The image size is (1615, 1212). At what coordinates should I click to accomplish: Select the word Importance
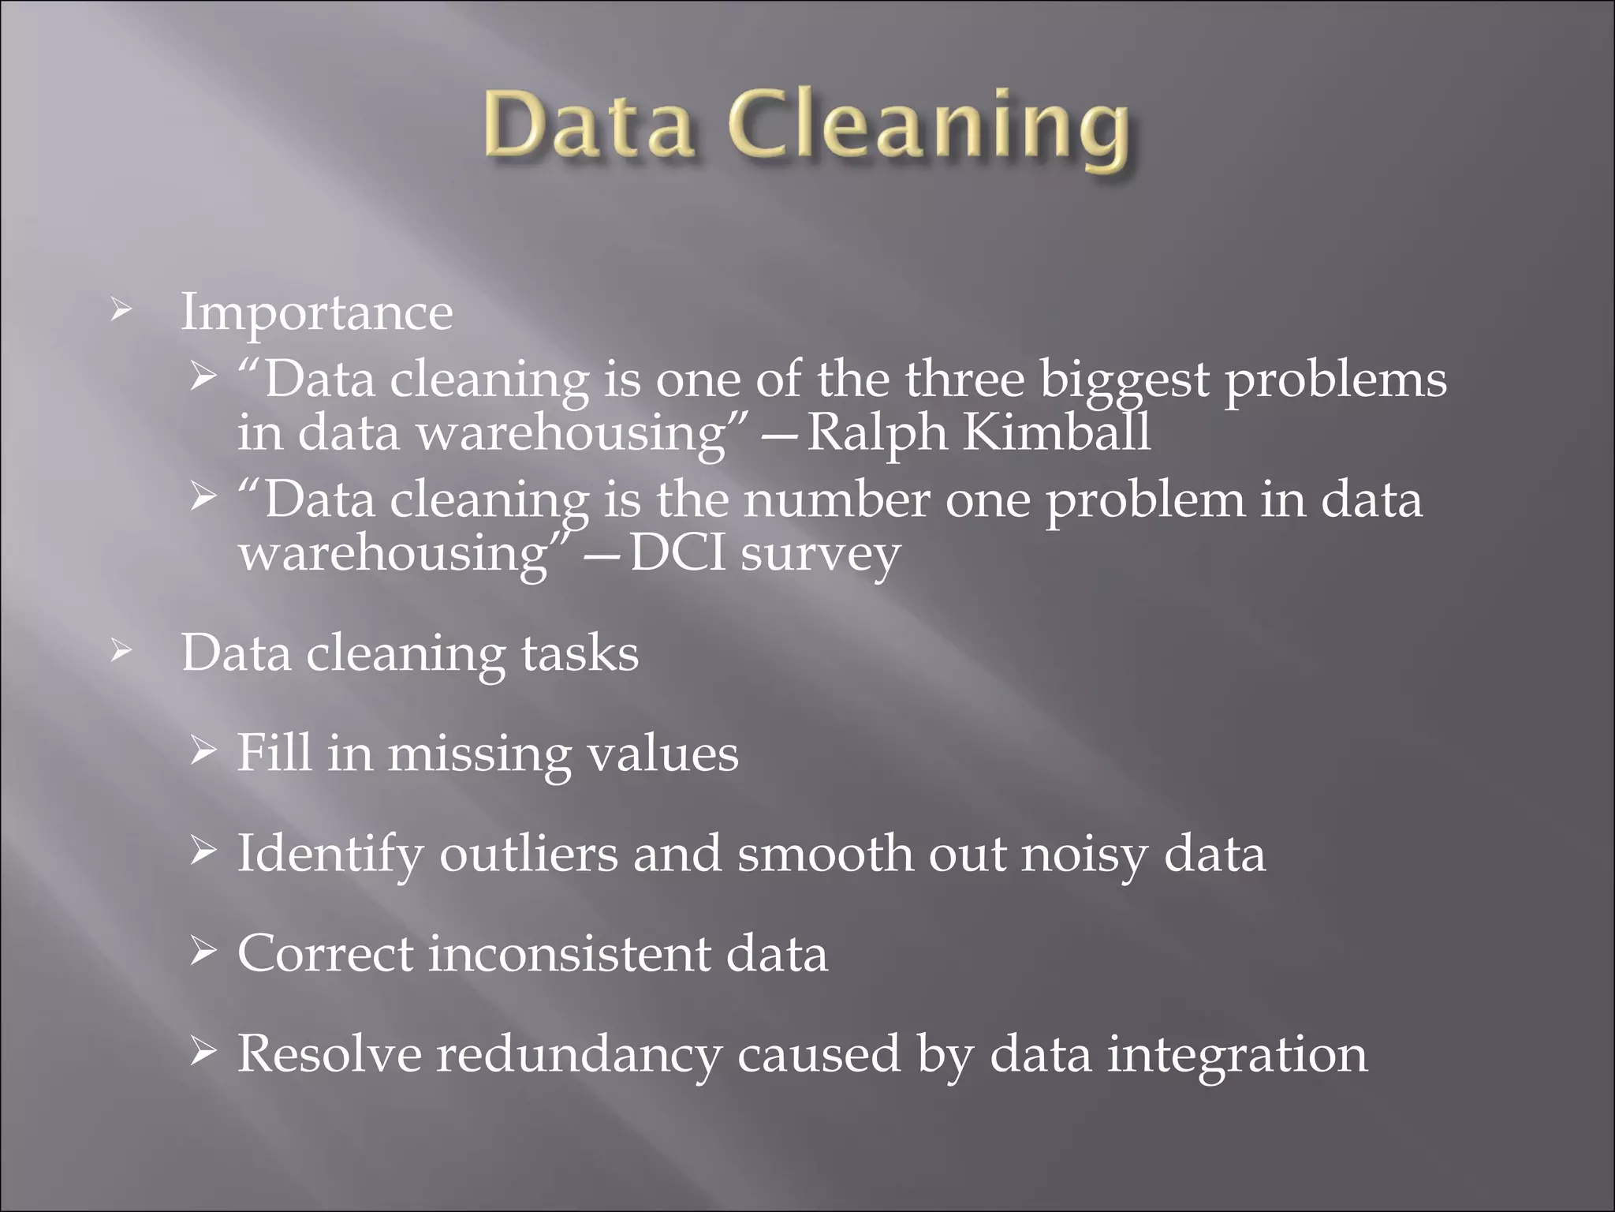pos(317,312)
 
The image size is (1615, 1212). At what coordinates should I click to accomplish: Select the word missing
pos(479,754)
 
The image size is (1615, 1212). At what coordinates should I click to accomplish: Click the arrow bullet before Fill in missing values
pos(203,752)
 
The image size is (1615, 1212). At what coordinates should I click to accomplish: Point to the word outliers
pos(528,854)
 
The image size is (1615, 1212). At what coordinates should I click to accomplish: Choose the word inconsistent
pos(569,953)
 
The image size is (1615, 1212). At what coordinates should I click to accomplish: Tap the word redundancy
pos(579,1054)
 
